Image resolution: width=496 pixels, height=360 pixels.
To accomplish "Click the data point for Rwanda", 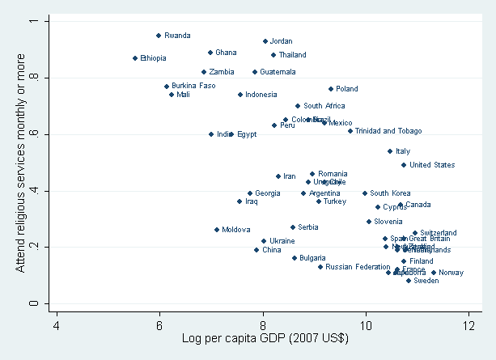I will (159, 36).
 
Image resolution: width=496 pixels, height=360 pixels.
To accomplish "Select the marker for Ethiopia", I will (135, 58).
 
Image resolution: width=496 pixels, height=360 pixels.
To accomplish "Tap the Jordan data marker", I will (265, 41).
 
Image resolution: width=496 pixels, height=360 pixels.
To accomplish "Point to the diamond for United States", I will (404, 165).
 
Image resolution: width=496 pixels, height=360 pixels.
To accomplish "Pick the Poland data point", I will (331, 89).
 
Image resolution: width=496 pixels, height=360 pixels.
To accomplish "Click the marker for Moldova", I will (217, 230).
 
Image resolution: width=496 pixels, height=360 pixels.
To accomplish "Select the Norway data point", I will (434, 273).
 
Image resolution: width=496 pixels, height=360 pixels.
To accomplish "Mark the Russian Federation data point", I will (320, 267).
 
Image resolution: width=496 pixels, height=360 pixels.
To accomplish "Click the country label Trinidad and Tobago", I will (388, 131).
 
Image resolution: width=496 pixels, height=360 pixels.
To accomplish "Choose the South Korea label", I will (390, 193).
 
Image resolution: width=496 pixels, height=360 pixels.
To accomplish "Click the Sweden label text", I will (426, 281).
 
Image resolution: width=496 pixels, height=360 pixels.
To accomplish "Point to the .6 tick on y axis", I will (35, 134).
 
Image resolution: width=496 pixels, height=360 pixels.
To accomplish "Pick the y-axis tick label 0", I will (35, 303).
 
